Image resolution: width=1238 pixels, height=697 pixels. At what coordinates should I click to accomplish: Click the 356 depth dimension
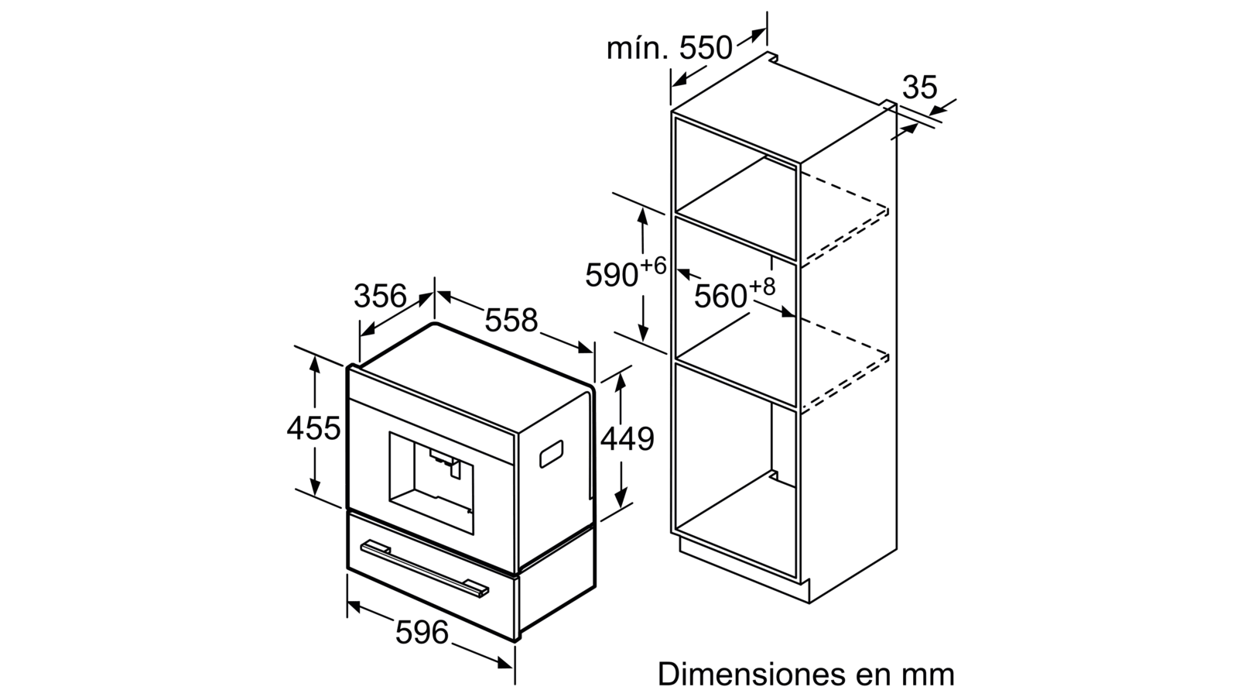[x=380, y=297]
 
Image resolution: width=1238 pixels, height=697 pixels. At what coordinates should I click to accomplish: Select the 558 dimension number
[x=511, y=321]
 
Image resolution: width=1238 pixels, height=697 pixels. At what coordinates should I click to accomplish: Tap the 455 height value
[x=313, y=428]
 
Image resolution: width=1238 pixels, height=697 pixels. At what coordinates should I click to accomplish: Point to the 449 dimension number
[x=628, y=439]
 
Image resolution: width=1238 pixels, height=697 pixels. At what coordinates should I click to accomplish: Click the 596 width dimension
[x=422, y=632]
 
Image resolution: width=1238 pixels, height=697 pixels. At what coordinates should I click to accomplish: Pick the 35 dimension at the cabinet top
[x=920, y=88]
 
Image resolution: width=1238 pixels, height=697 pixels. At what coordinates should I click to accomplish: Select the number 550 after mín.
[x=706, y=48]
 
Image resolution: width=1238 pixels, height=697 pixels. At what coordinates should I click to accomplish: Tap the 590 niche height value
[x=612, y=275]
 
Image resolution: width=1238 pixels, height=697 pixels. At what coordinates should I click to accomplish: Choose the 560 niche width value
[x=720, y=297]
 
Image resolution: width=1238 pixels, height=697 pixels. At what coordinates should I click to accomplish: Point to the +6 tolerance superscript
[x=653, y=266]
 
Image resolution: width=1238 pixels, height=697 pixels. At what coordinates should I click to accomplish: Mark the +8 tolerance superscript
[x=762, y=287]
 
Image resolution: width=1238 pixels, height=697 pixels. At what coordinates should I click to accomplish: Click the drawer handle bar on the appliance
[x=425, y=569]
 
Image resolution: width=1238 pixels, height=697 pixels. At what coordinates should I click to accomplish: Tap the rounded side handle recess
[x=551, y=454]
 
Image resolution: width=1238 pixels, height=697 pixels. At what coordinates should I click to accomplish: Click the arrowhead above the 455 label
[x=314, y=363]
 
